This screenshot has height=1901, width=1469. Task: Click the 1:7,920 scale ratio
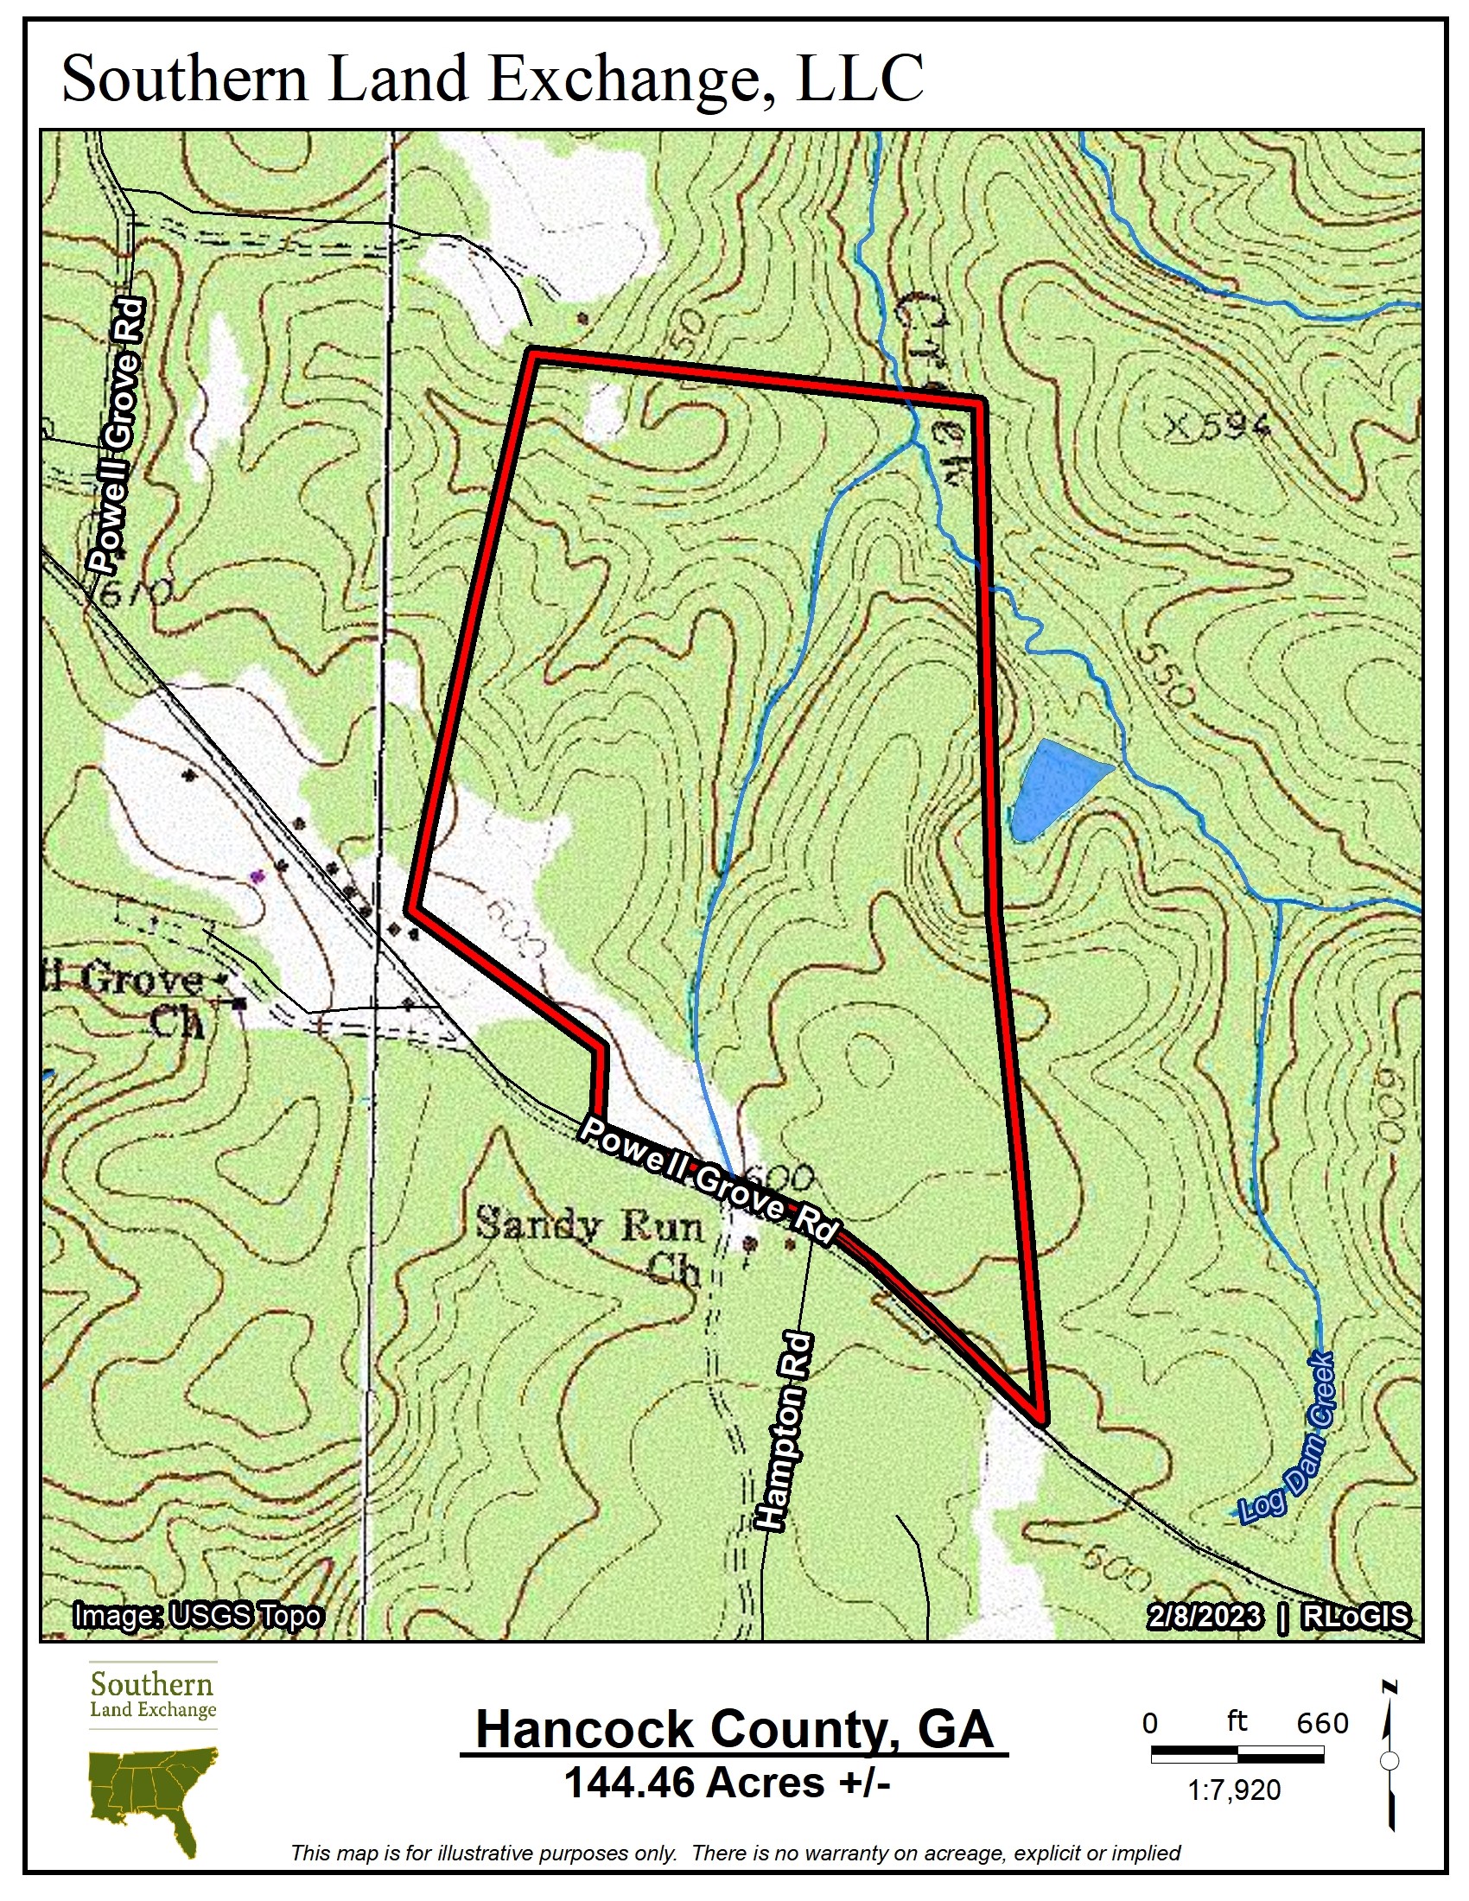point(1234,1790)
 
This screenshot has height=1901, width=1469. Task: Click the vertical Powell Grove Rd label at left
point(118,436)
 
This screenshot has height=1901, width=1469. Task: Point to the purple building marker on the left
point(256,876)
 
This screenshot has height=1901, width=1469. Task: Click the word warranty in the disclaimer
point(847,1853)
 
